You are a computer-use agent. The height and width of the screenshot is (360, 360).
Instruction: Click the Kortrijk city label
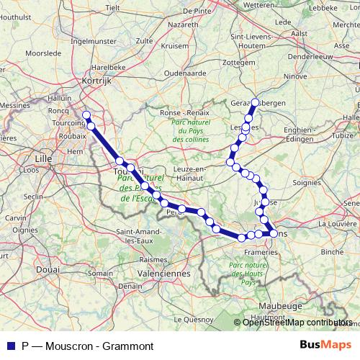(99, 81)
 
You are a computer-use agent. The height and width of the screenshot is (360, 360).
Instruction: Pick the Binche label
(332, 252)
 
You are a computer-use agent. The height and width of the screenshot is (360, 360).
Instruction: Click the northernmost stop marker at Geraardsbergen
(255, 102)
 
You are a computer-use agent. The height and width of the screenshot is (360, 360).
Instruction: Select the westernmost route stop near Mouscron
(86, 115)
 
